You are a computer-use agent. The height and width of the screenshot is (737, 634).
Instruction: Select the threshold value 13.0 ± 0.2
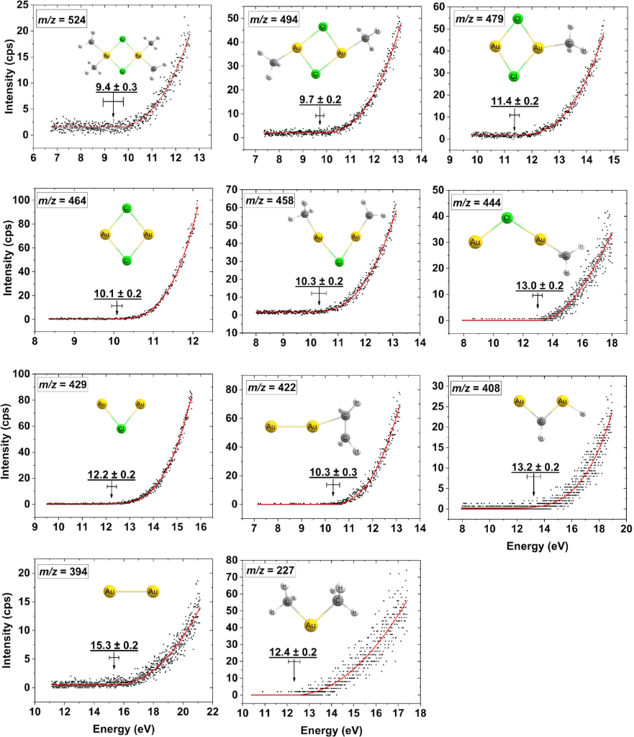(x=540, y=286)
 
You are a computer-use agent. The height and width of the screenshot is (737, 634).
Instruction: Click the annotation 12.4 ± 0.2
(x=293, y=652)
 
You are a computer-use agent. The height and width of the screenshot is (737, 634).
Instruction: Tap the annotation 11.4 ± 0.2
(x=515, y=101)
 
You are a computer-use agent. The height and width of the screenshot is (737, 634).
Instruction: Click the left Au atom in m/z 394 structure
(x=109, y=592)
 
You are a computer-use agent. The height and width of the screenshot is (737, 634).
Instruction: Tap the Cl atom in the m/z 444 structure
(x=507, y=217)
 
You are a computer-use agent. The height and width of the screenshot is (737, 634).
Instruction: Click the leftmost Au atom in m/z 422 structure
(x=271, y=428)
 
